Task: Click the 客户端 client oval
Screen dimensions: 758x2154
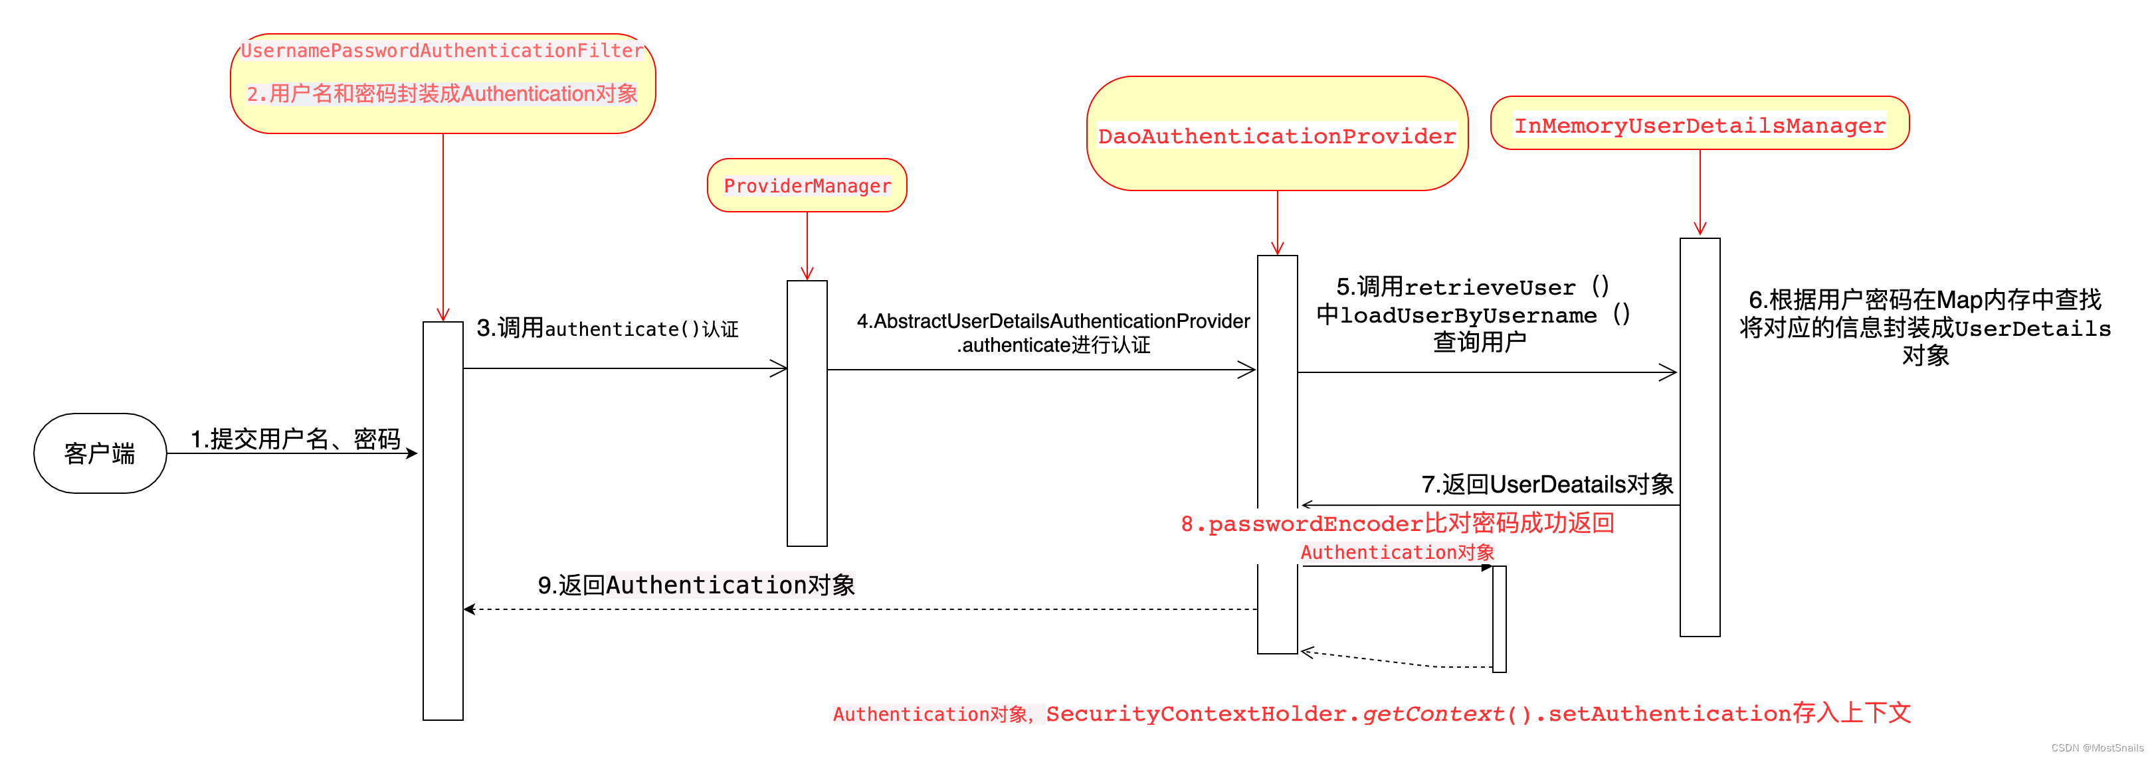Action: [100, 453]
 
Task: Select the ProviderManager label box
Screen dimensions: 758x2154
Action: [807, 186]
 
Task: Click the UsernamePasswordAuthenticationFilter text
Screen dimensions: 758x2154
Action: [442, 51]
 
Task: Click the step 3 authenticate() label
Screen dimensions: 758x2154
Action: [607, 329]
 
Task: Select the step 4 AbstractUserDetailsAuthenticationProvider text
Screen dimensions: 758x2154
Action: [1053, 321]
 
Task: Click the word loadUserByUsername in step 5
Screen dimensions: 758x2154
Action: [1468, 315]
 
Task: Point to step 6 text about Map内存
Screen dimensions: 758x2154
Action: [1924, 300]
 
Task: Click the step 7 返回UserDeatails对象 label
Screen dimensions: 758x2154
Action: [1547, 484]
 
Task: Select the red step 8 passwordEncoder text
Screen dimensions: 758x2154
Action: [1397, 524]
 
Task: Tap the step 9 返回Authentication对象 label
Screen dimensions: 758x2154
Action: [696, 585]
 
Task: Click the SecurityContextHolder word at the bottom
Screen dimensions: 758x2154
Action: [1196, 714]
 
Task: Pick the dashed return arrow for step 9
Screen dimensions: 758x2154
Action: [861, 609]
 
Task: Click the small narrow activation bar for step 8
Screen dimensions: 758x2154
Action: [1500, 619]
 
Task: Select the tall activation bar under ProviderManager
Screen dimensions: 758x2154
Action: [807, 413]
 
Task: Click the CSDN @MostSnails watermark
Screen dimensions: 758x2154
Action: [2096, 748]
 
